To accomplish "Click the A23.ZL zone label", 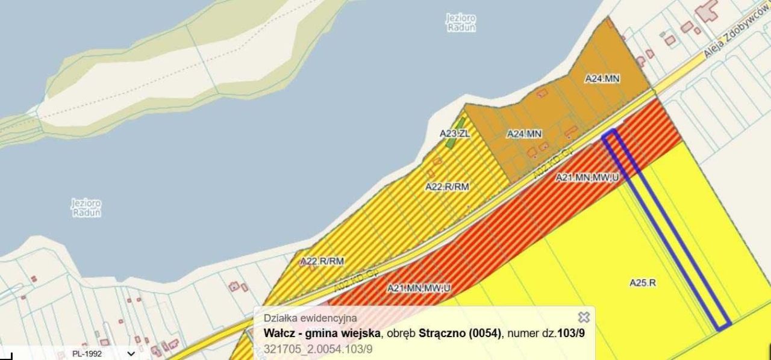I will pos(454,133).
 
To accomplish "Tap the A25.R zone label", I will pos(643,282).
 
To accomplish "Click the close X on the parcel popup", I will pos(583,317).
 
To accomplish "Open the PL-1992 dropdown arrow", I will pos(131,354).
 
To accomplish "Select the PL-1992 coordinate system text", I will pos(87,354).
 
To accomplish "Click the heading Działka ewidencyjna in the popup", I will pos(310,318).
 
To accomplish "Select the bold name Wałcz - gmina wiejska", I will pos(322,333).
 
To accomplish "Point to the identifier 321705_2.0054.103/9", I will pos(318,349).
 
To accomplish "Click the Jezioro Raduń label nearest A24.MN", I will pos(461,23).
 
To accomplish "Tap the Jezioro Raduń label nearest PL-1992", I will pos(86,208).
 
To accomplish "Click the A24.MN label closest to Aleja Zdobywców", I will pos(602,78).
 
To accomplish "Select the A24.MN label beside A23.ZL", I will pos(524,134).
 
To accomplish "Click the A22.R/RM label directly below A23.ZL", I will pos(447,187).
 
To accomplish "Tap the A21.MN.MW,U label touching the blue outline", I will pos(587,177).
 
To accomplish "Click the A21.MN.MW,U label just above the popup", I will pos(419,288).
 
